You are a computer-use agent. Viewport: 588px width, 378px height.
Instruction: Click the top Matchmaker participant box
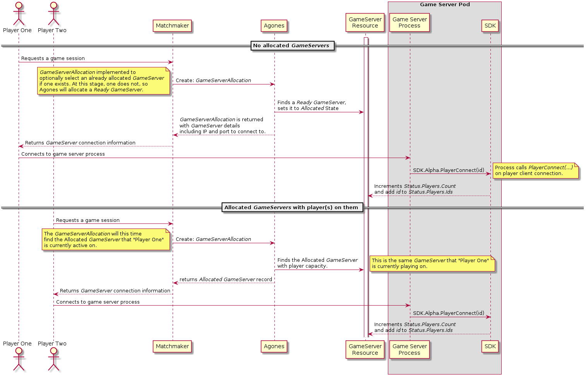click(172, 26)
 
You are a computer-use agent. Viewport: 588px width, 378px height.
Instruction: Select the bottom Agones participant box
click(274, 346)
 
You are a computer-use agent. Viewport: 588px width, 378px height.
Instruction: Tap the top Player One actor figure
click(17, 14)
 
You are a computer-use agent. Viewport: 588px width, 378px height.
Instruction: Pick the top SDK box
click(490, 26)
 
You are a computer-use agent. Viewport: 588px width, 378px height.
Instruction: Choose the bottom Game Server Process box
click(410, 349)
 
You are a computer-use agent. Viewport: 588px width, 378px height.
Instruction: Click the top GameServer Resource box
click(365, 22)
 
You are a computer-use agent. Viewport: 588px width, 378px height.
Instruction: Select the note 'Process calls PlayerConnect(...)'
click(535, 170)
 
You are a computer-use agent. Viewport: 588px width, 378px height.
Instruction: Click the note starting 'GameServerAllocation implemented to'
click(103, 81)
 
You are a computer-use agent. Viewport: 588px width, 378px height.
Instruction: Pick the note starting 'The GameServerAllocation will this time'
click(106, 239)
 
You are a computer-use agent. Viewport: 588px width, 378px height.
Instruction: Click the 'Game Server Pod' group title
click(445, 5)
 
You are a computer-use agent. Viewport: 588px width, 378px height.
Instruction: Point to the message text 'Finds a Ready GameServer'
click(312, 105)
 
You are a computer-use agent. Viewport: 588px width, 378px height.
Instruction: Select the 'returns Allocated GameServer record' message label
click(226, 279)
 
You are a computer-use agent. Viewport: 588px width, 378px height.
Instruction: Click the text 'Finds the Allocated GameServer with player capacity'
click(317, 263)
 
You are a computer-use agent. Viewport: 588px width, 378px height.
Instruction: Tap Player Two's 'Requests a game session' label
click(88, 220)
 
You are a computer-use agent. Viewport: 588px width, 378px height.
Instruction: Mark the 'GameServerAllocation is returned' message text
click(222, 125)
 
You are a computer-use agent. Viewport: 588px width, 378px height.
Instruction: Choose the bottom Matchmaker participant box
click(172, 346)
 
